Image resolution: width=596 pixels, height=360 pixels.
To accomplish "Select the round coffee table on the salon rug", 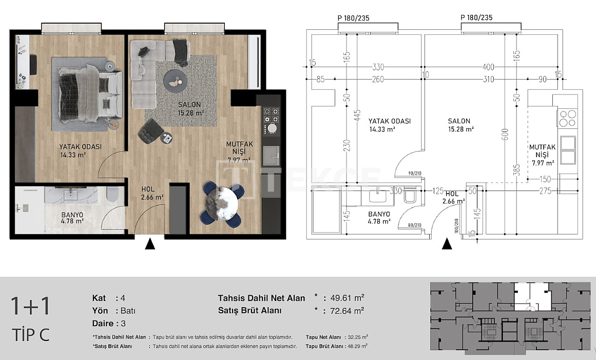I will pos(177,80).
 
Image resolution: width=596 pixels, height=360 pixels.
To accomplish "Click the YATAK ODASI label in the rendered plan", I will pos(80,150).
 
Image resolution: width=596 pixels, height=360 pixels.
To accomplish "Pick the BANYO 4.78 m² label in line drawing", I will pos(379,218).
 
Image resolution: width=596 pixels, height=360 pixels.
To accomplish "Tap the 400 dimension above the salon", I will pos(488,67).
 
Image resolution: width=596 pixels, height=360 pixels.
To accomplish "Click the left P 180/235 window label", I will pos(353,17).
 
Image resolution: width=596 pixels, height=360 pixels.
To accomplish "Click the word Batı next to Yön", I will pos(128,311).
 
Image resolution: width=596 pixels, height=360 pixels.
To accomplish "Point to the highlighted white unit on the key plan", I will pos(530,296).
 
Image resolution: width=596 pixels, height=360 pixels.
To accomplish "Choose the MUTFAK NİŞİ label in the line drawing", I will pos(543,155).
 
